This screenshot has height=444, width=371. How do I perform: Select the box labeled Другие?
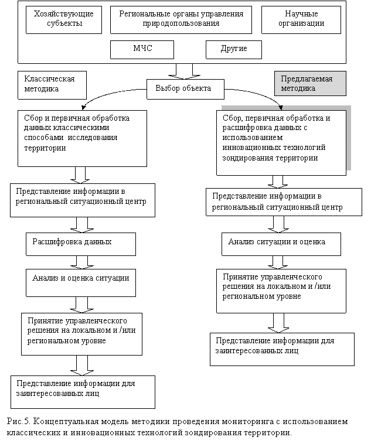click(x=233, y=49)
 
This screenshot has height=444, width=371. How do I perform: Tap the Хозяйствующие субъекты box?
click(x=63, y=19)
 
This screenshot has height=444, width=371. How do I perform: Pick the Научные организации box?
click(x=301, y=19)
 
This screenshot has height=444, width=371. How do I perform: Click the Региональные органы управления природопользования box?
click(x=181, y=19)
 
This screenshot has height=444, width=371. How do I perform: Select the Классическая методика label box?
click(x=53, y=84)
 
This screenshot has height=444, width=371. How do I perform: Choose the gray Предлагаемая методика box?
click(x=310, y=83)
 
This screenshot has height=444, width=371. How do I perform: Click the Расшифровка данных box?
click(x=81, y=242)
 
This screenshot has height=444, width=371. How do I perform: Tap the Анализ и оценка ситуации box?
click(x=81, y=278)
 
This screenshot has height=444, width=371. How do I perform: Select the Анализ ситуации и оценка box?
click(x=276, y=242)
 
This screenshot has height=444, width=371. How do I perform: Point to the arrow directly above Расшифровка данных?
click(x=81, y=224)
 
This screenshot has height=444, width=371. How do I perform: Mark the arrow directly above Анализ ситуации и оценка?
click(x=278, y=224)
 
